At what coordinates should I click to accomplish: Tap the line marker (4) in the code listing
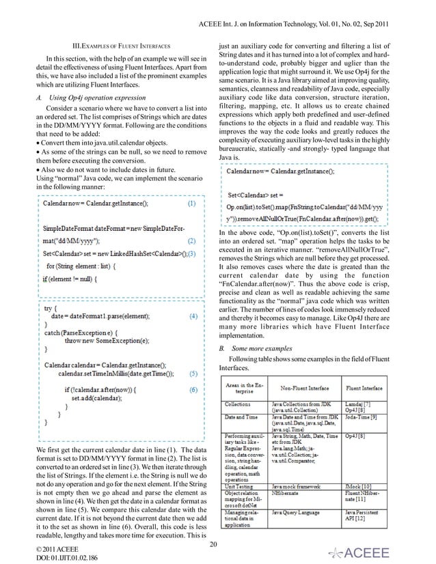193,316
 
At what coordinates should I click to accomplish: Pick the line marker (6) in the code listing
193,389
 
